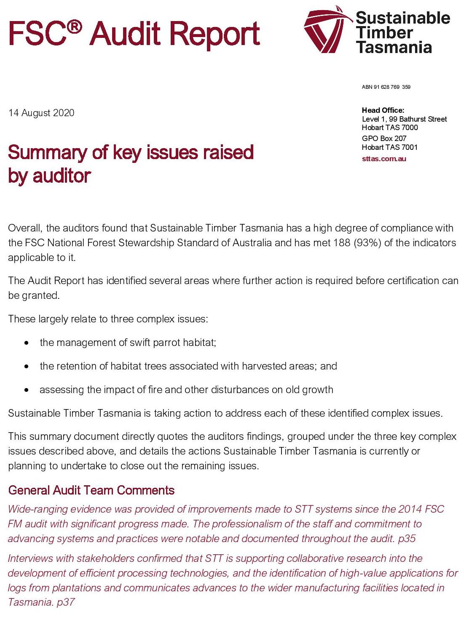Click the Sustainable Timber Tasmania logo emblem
(x=327, y=30)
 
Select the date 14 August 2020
(x=41, y=113)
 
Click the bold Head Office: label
(x=383, y=110)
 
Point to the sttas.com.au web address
(x=384, y=159)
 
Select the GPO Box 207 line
(x=384, y=138)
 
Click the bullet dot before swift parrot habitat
(x=27, y=343)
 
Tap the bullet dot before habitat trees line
(x=27, y=367)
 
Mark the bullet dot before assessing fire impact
(x=27, y=390)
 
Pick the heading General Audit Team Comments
(x=91, y=490)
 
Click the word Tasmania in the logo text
(x=394, y=47)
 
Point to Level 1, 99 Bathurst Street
(x=404, y=119)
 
